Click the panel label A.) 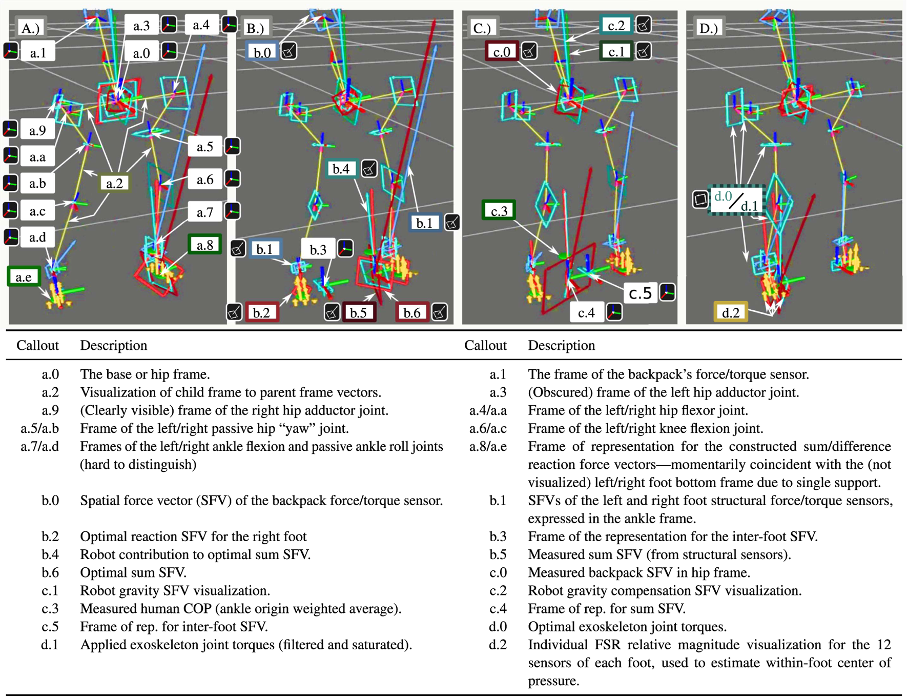coord(30,28)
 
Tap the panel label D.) coord(709,28)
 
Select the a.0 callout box coord(141,53)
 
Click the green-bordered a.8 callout coord(204,245)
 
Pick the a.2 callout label coord(114,183)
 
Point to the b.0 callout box coord(262,52)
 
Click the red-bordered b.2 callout coord(261,312)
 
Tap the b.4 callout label coord(341,169)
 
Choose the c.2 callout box coord(616,25)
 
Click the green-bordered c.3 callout coord(499,211)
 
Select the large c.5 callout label coord(641,293)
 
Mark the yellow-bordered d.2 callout coord(731,312)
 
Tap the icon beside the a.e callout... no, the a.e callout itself coord(24,277)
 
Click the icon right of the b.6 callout coord(440,312)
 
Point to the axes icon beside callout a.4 coord(229,25)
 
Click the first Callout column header coord(37,345)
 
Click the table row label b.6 coord(50,572)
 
